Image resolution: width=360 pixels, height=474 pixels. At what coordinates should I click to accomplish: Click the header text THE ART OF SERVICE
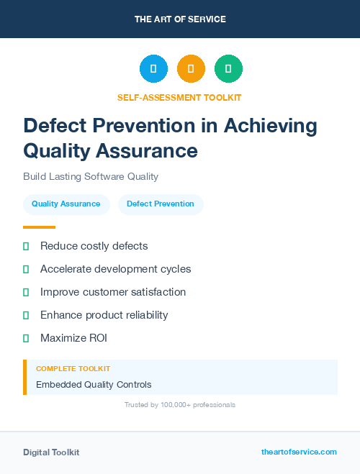(x=180, y=19)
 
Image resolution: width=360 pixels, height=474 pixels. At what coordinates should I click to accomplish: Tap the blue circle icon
(x=153, y=69)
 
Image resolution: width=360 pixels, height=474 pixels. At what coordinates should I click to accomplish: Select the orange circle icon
(x=191, y=69)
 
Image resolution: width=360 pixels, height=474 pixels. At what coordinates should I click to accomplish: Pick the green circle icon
(x=228, y=69)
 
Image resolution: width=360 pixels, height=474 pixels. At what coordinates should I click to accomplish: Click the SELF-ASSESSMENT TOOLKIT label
(x=179, y=97)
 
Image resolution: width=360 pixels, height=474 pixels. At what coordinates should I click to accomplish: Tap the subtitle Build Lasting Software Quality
(x=91, y=176)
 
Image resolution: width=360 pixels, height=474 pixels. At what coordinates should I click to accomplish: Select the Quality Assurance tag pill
(x=66, y=204)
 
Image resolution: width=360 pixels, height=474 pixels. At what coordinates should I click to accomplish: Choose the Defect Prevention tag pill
(x=161, y=204)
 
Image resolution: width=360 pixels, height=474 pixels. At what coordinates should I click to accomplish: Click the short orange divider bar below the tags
(x=39, y=227)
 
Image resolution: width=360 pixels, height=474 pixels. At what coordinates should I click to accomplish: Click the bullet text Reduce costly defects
(x=94, y=246)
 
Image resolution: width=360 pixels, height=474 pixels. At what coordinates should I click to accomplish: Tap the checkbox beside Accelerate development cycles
(x=26, y=269)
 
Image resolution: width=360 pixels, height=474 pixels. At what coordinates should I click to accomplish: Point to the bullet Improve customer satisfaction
(x=113, y=292)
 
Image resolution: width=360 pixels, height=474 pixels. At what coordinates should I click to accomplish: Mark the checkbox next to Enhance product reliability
(x=26, y=315)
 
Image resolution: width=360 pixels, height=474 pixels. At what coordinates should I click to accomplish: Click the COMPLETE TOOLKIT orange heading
(x=73, y=369)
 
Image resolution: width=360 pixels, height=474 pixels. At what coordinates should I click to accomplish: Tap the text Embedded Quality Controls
(x=94, y=384)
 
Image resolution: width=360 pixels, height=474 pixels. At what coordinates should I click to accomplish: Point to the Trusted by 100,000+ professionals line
(x=179, y=405)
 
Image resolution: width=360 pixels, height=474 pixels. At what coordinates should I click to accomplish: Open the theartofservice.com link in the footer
(x=299, y=452)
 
